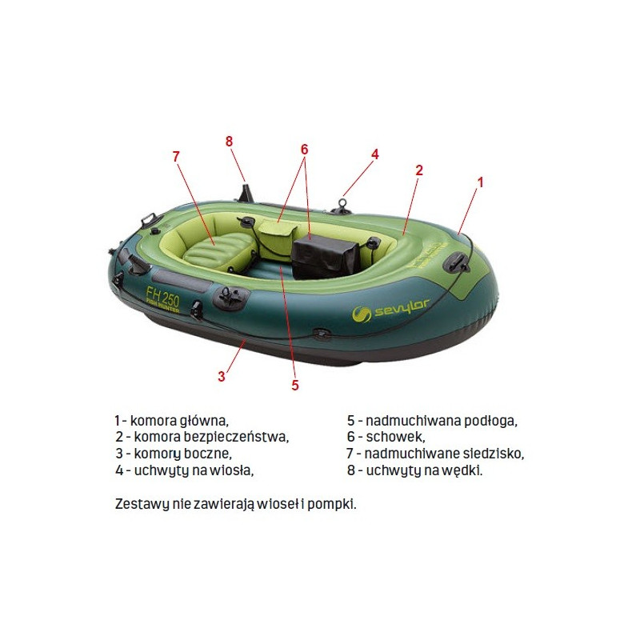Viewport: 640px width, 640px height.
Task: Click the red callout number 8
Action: (229, 142)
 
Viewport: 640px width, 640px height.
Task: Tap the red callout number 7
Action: (176, 156)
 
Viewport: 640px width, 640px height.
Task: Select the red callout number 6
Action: (305, 150)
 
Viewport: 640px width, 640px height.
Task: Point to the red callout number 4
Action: (375, 154)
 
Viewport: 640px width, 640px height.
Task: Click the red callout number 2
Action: (419, 170)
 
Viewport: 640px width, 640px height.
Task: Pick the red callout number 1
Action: (481, 182)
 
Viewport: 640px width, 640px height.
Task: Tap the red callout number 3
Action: (222, 376)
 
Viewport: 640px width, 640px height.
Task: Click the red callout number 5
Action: (295, 385)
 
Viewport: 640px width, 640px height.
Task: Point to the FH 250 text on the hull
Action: (163, 297)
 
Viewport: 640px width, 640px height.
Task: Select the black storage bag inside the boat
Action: (326, 256)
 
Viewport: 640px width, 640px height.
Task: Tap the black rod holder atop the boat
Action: (246, 193)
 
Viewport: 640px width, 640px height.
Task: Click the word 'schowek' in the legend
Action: (394, 437)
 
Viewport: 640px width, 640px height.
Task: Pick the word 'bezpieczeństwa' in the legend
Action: (235, 437)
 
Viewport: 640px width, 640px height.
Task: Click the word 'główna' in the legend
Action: (204, 422)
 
